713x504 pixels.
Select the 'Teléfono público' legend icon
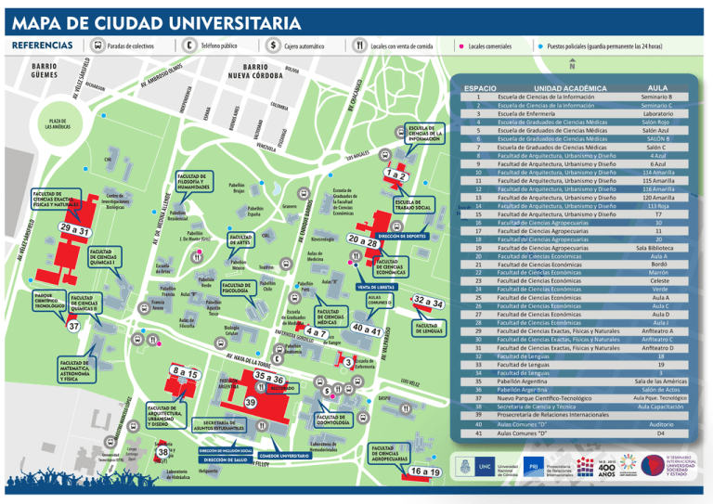tap(189, 45)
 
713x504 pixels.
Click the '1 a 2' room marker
tap(397, 174)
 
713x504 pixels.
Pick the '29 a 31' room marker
tap(74, 229)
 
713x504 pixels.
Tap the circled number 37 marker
tap(72, 326)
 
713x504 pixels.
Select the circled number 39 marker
tap(251, 401)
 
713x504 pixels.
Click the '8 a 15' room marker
tap(185, 372)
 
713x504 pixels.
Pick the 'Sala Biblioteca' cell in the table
tap(657, 248)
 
